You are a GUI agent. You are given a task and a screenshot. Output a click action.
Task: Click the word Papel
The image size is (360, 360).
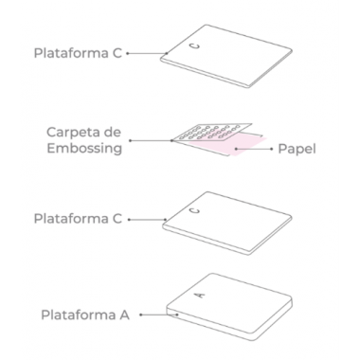coord(297,149)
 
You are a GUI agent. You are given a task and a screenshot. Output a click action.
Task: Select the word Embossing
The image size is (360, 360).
coord(84,149)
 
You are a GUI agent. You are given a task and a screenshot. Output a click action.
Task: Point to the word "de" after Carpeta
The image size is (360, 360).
coord(114,132)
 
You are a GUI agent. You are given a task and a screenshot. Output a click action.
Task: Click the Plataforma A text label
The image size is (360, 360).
coord(85,315)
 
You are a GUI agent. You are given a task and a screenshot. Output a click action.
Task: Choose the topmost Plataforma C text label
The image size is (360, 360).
coord(78,53)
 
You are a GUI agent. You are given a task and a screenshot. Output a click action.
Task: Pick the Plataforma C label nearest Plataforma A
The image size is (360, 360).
coord(78,219)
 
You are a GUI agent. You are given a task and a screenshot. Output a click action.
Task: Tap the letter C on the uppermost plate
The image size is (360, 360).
coord(195,46)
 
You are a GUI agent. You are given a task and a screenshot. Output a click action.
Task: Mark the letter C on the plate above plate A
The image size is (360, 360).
coord(196,210)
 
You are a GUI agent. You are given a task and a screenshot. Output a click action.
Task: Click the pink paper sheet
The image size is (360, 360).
coord(234,144)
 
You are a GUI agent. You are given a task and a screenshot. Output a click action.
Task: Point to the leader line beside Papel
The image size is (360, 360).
coord(254,149)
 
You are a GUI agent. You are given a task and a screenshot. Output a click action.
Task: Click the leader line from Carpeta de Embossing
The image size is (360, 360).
coord(151,140)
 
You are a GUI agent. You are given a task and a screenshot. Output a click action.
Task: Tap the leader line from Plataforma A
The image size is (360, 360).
coord(159,315)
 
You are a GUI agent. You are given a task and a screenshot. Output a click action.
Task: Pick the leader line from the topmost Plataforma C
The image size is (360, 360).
coord(147,53)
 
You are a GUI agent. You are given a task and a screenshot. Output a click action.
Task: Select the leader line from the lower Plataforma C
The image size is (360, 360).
coord(148,220)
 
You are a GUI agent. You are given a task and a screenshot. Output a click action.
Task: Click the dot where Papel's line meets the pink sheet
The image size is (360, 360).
coord(236,149)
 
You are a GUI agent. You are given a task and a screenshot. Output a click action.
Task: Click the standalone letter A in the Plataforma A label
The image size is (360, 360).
coord(124,315)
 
